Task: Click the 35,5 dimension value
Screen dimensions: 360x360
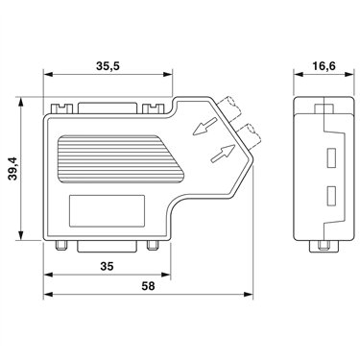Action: (108, 66)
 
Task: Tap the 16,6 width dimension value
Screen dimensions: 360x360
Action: (324, 66)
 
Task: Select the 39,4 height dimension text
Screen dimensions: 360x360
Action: (13, 169)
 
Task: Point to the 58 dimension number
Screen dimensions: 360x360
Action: (148, 286)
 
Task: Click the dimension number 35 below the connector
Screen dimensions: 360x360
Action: (107, 266)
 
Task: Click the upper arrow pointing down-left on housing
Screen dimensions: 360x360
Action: (205, 126)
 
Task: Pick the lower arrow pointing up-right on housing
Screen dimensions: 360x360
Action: (223, 153)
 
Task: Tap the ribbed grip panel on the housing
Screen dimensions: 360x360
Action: (121, 159)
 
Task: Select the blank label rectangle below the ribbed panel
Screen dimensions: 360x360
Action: (107, 211)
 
